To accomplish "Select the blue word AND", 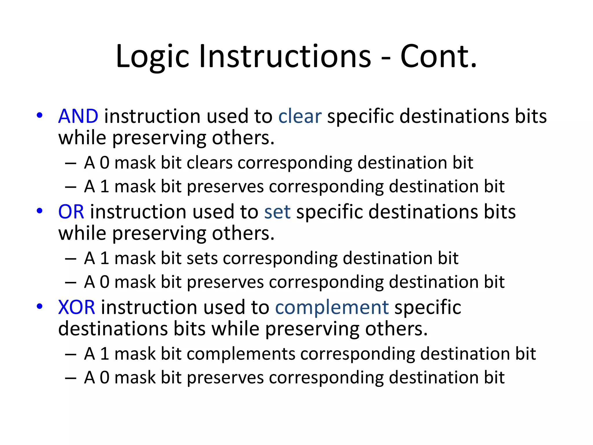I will tap(78, 116).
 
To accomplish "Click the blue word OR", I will tap(71, 212).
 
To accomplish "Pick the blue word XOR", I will tap(76, 307).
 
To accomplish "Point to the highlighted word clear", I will tap(300, 116).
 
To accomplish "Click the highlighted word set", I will tap(277, 212).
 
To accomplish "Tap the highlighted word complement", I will tap(332, 307).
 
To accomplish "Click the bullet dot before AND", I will tap(40, 116).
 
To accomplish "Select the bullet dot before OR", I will tap(40, 211).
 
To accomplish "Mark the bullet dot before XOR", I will tap(40, 307).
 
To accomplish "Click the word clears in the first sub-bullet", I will tap(210, 163).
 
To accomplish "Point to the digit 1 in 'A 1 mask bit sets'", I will tap(105, 258).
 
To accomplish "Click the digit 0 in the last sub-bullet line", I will tap(105, 378).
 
